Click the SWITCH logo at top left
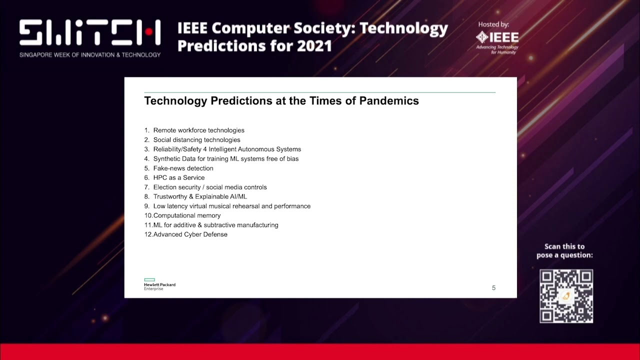[x=90, y=33]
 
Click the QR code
[x=566, y=296]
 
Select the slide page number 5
[x=493, y=287]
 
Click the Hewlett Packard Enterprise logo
[x=159, y=284]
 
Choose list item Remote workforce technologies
[x=198, y=130]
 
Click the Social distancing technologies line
[x=196, y=140]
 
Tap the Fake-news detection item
[x=183, y=168]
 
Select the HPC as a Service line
[x=178, y=177]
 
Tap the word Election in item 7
[x=165, y=187]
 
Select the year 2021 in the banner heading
[x=314, y=46]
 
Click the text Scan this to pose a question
[x=564, y=251]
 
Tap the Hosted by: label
[x=493, y=24]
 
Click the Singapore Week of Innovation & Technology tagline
[x=90, y=54]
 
